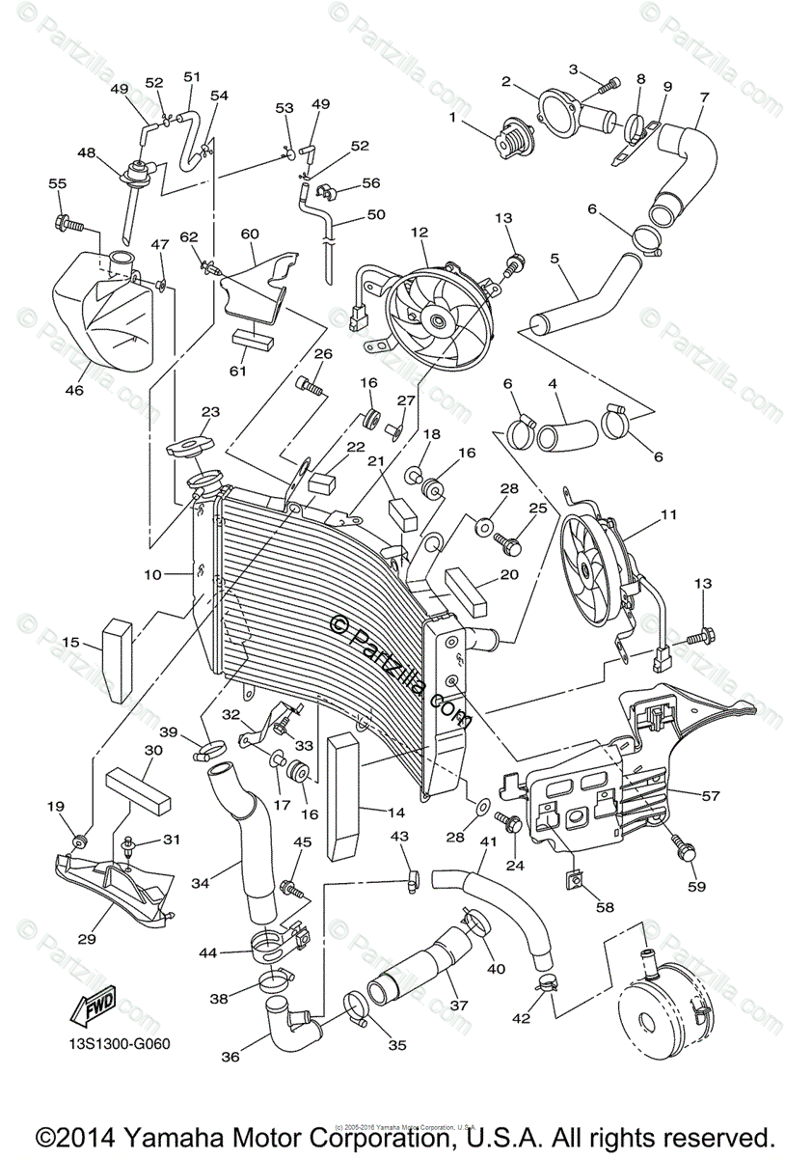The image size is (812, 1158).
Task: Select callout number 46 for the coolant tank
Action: tap(75, 391)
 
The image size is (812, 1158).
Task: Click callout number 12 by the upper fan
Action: tap(418, 233)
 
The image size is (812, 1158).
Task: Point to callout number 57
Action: tap(711, 796)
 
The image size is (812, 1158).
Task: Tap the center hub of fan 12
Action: tap(438, 320)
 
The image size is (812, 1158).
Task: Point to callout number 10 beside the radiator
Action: tap(152, 574)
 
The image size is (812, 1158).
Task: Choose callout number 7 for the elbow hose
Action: tap(703, 97)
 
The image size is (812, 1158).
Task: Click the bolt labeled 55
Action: tap(70, 225)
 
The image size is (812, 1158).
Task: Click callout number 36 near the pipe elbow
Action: tap(230, 1057)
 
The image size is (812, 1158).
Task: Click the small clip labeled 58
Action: tap(574, 877)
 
